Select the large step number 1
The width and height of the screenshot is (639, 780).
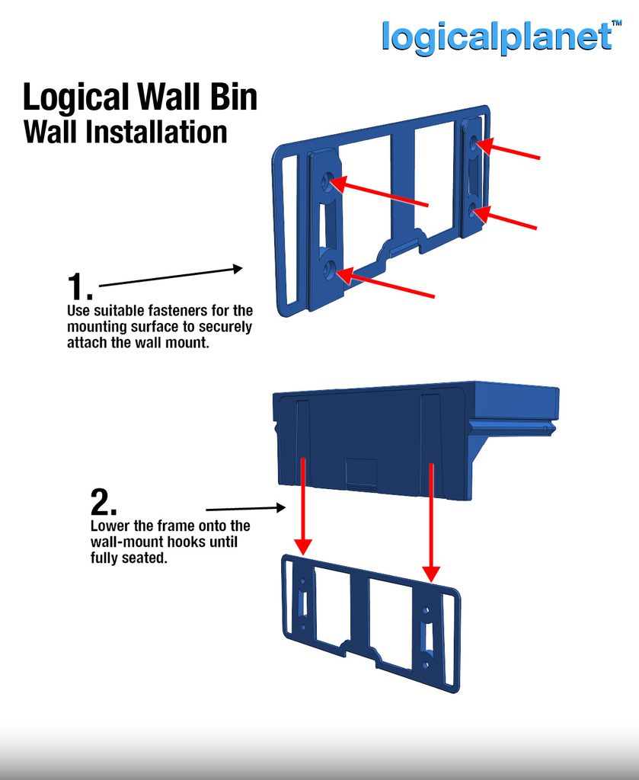(x=79, y=286)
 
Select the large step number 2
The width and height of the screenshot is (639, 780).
(x=104, y=503)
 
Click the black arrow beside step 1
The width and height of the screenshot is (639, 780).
(x=171, y=277)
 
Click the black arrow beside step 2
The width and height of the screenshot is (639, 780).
(x=246, y=508)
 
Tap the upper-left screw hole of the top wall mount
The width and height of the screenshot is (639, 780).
(x=327, y=181)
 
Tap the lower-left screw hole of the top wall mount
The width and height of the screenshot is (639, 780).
(x=328, y=270)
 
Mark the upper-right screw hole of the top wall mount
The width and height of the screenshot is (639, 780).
(x=473, y=143)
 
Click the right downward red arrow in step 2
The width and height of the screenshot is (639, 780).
(x=431, y=523)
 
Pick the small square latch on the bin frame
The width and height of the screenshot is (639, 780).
(x=361, y=472)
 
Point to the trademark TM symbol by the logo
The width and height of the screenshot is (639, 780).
(x=617, y=23)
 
